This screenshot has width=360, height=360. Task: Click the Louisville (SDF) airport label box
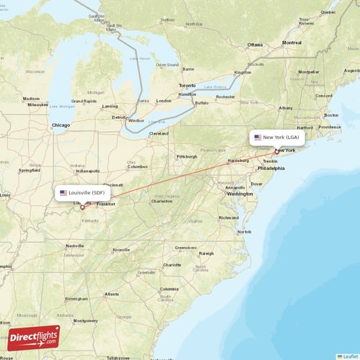(x=83, y=193)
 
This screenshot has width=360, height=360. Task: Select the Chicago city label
(x=62, y=125)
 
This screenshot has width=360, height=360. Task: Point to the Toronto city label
(x=187, y=86)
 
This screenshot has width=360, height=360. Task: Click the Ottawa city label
(x=256, y=45)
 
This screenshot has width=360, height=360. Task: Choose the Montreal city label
(x=292, y=42)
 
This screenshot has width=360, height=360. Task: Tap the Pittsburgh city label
(x=186, y=156)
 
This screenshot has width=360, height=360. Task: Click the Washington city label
(x=239, y=194)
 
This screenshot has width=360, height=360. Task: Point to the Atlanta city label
(x=112, y=294)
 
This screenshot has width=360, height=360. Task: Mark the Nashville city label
(x=75, y=246)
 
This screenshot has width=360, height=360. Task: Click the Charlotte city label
(x=171, y=265)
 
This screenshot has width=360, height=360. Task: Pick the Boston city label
(x=332, y=115)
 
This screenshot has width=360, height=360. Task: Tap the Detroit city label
(x=118, y=117)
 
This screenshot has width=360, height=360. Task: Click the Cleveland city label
(x=159, y=133)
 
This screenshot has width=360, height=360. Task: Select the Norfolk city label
(x=245, y=232)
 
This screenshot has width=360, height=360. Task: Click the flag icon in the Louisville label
(x=63, y=193)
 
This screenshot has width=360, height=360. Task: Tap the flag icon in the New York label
(x=258, y=137)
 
